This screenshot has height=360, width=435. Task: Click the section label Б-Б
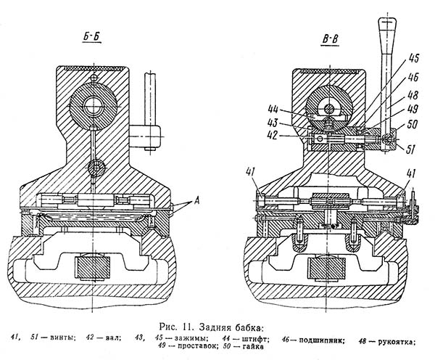pyautogui.click(x=91, y=37)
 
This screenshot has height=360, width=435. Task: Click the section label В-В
pyautogui.click(x=330, y=39)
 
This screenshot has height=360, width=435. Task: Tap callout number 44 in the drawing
pyautogui.click(x=274, y=109)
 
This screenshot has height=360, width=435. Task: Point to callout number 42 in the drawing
pyautogui.click(x=273, y=136)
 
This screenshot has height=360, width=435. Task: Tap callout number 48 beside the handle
pyautogui.click(x=413, y=95)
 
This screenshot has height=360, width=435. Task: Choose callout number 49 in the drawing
pyautogui.click(x=413, y=109)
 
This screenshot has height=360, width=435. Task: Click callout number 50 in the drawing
pyautogui.click(x=412, y=124)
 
